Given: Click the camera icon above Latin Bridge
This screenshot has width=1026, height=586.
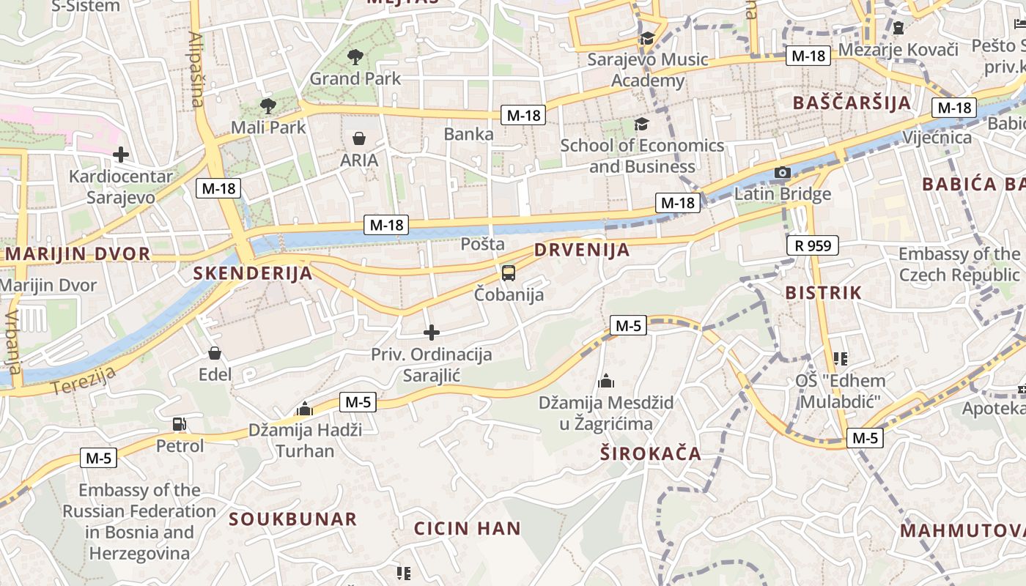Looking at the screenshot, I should pyautogui.click(x=783, y=173).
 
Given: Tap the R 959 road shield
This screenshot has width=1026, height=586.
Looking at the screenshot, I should pyautogui.click(x=813, y=245).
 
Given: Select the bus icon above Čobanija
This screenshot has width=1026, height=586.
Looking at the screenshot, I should pyautogui.click(x=509, y=273).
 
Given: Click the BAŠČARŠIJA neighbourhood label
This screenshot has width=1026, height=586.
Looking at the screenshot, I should pyautogui.click(x=852, y=103).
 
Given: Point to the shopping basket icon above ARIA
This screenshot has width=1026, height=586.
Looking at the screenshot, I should pyautogui.click(x=359, y=138).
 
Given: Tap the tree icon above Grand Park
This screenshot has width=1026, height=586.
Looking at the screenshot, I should pyautogui.click(x=355, y=56).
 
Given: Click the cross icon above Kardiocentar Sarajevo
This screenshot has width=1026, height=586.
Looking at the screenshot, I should pyautogui.click(x=121, y=155).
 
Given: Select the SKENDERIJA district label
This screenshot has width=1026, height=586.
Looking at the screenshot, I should pyautogui.click(x=253, y=273).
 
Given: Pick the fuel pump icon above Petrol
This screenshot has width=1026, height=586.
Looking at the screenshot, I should pyautogui.click(x=180, y=424).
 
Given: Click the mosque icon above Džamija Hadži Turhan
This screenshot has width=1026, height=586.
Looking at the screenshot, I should pyautogui.click(x=305, y=409).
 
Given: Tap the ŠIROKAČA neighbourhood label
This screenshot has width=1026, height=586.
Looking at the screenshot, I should pyautogui.click(x=651, y=453).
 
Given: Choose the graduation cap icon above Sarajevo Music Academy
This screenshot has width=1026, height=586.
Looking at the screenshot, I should pyautogui.click(x=647, y=38).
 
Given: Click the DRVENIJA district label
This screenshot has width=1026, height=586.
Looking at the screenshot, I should pyautogui.click(x=582, y=249).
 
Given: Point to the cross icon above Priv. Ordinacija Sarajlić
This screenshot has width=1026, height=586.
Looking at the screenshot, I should pyautogui.click(x=432, y=333).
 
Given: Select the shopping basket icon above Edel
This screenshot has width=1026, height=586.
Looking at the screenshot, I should pyautogui.click(x=215, y=354).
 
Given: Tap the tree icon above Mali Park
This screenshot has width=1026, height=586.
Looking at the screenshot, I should pyautogui.click(x=268, y=105).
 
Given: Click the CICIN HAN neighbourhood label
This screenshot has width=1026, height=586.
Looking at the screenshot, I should pyautogui.click(x=468, y=528).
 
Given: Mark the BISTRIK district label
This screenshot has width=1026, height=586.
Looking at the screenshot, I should pyautogui.click(x=823, y=293).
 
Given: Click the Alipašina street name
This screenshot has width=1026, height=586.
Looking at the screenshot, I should pyautogui.click(x=196, y=69).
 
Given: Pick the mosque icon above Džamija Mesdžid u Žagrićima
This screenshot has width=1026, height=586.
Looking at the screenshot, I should pyautogui.click(x=606, y=381).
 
